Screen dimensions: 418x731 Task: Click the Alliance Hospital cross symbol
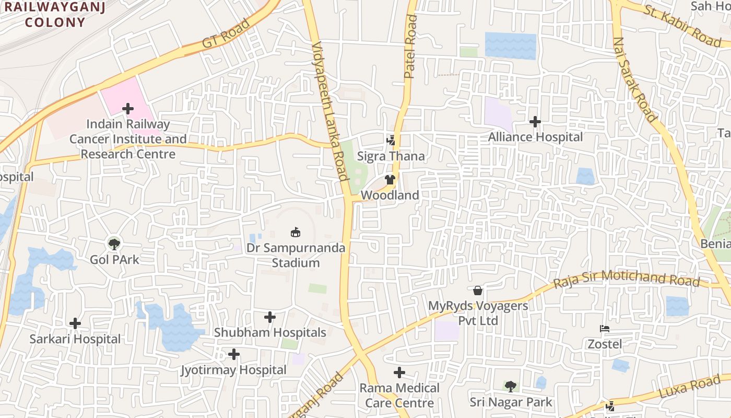tap(535, 122)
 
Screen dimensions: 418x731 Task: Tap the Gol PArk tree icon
tap(114, 243)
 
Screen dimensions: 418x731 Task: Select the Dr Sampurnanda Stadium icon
tap(296, 231)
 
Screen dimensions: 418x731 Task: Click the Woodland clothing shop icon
tap(390, 180)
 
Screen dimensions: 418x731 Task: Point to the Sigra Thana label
tap(391, 156)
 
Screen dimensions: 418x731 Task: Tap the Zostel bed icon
tap(605, 329)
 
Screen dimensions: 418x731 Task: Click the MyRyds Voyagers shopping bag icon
tap(477, 290)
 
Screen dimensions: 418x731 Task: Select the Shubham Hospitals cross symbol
tap(269, 317)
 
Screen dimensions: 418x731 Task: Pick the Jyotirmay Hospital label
tap(233, 370)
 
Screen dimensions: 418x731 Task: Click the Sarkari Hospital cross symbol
tap(75, 323)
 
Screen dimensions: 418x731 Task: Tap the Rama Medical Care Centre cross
tap(399, 373)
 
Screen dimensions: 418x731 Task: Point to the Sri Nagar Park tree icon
tap(510, 386)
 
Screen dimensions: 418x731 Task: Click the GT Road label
tap(226, 34)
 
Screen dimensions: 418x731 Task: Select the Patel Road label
tap(411, 47)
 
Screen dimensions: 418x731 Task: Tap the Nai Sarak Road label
tap(634, 79)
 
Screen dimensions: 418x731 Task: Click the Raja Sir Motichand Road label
tap(626, 278)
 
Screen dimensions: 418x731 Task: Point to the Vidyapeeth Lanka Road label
tap(329, 112)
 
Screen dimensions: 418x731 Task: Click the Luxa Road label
tap(690, 388)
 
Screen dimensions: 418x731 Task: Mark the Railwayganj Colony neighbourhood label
tap(55, 15)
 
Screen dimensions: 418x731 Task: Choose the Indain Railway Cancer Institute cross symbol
tap(128, 109)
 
